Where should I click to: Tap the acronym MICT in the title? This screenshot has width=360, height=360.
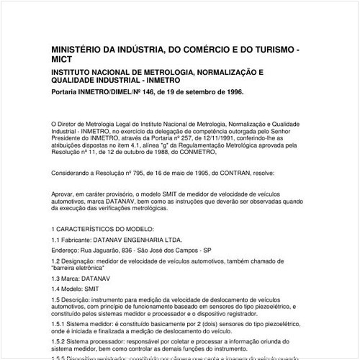64,60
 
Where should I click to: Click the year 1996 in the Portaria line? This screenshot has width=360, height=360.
232,93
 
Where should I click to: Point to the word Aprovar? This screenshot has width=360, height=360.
64,194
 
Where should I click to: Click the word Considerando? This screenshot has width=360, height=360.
73,173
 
